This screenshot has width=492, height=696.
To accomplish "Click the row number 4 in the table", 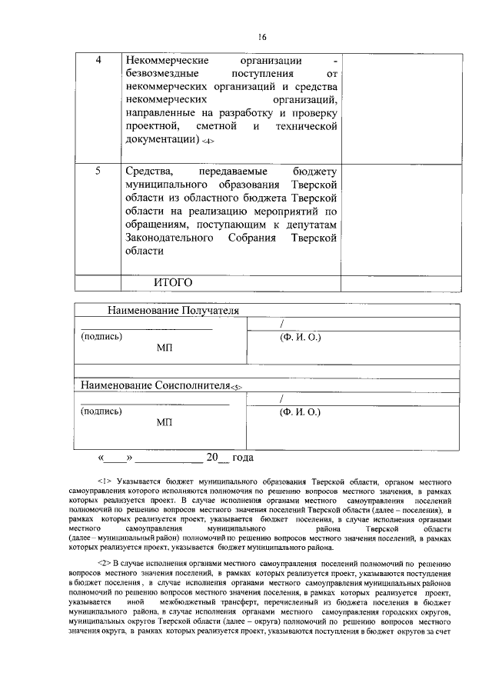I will click(97, 61).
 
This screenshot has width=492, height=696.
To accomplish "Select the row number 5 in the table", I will click(97, 171).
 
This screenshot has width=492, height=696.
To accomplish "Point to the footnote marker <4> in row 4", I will click(207, 142).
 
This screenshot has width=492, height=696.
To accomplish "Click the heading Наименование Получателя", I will click(174, 311).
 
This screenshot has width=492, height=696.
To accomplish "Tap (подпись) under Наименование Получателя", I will click(101, 337).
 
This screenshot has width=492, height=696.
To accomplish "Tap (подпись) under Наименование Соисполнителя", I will click(101, 411).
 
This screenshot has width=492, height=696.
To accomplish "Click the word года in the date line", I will click(241, 458).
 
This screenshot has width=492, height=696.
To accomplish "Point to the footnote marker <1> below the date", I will click(105, 481).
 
